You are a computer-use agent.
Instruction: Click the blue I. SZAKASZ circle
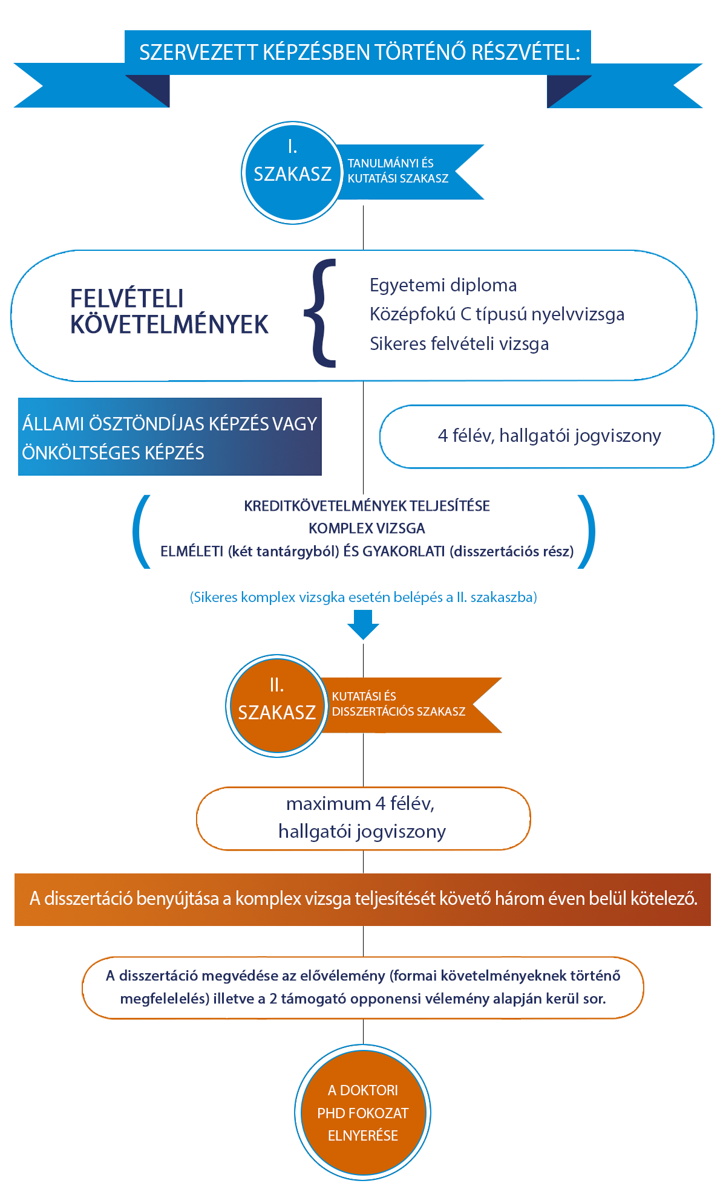point(293,173)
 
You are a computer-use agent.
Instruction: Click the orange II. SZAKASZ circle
point(277,705)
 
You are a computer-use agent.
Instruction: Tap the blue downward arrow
point(363,624)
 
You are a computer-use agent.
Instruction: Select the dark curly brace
point(320,313)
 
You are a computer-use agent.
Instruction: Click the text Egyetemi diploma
point(443,285)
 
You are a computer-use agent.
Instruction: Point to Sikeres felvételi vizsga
point(459,343)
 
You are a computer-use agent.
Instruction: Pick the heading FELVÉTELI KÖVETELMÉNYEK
point(169,311)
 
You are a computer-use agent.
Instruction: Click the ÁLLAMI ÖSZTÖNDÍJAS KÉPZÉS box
point(170,436)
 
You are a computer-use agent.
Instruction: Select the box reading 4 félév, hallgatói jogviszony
point(547,436)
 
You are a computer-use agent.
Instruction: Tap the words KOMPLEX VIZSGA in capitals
point(367,528)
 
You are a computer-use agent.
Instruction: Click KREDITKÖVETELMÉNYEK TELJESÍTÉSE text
point(367,506)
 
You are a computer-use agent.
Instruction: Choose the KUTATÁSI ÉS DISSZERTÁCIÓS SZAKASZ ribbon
point(411,705)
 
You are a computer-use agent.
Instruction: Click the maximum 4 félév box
point(363,818)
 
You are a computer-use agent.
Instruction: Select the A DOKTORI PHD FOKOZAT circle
point(363,1112)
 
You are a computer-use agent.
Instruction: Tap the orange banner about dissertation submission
point(363,899)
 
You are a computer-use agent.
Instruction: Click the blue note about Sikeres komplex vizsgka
point(364,597)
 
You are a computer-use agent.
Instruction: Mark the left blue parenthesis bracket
point(140,531)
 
